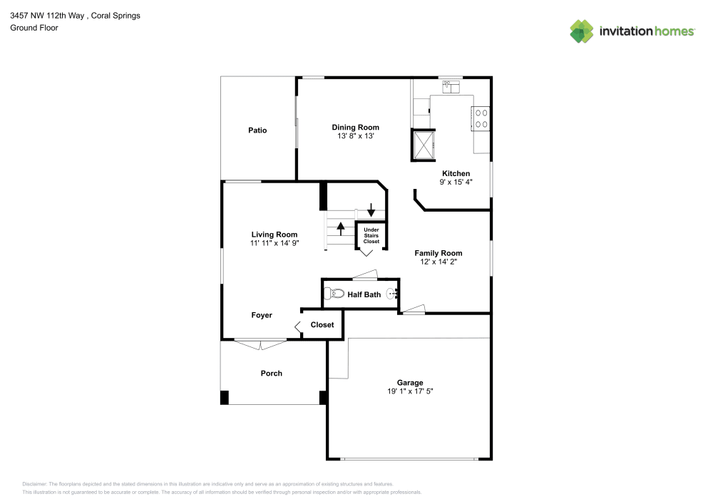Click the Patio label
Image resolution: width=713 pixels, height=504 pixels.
(257, 130)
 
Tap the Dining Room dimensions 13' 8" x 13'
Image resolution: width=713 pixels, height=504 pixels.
(355, 135)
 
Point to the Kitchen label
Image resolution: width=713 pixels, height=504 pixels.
(456, 173)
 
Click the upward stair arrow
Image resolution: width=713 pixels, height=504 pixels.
(341, 228)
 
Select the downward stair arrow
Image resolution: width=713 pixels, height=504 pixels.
(371, 210)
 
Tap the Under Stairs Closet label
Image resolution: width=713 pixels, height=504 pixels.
(371, 236)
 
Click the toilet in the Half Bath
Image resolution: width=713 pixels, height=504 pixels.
(334, 294)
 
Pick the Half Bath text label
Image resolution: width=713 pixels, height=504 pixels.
(364, 294)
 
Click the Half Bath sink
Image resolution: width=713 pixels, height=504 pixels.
(392, 294)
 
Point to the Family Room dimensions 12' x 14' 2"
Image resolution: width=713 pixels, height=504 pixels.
(438, 262)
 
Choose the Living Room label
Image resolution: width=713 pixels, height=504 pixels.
(274, 235)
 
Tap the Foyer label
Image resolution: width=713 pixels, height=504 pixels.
(262, 315)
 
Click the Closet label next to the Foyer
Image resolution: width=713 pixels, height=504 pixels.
(322, 325)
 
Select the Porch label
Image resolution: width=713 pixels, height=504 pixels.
(271, 374)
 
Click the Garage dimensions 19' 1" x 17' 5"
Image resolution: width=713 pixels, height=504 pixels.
(410, 391)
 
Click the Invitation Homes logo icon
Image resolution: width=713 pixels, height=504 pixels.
(581, 31)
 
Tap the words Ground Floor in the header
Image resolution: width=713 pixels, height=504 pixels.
(34, 28)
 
